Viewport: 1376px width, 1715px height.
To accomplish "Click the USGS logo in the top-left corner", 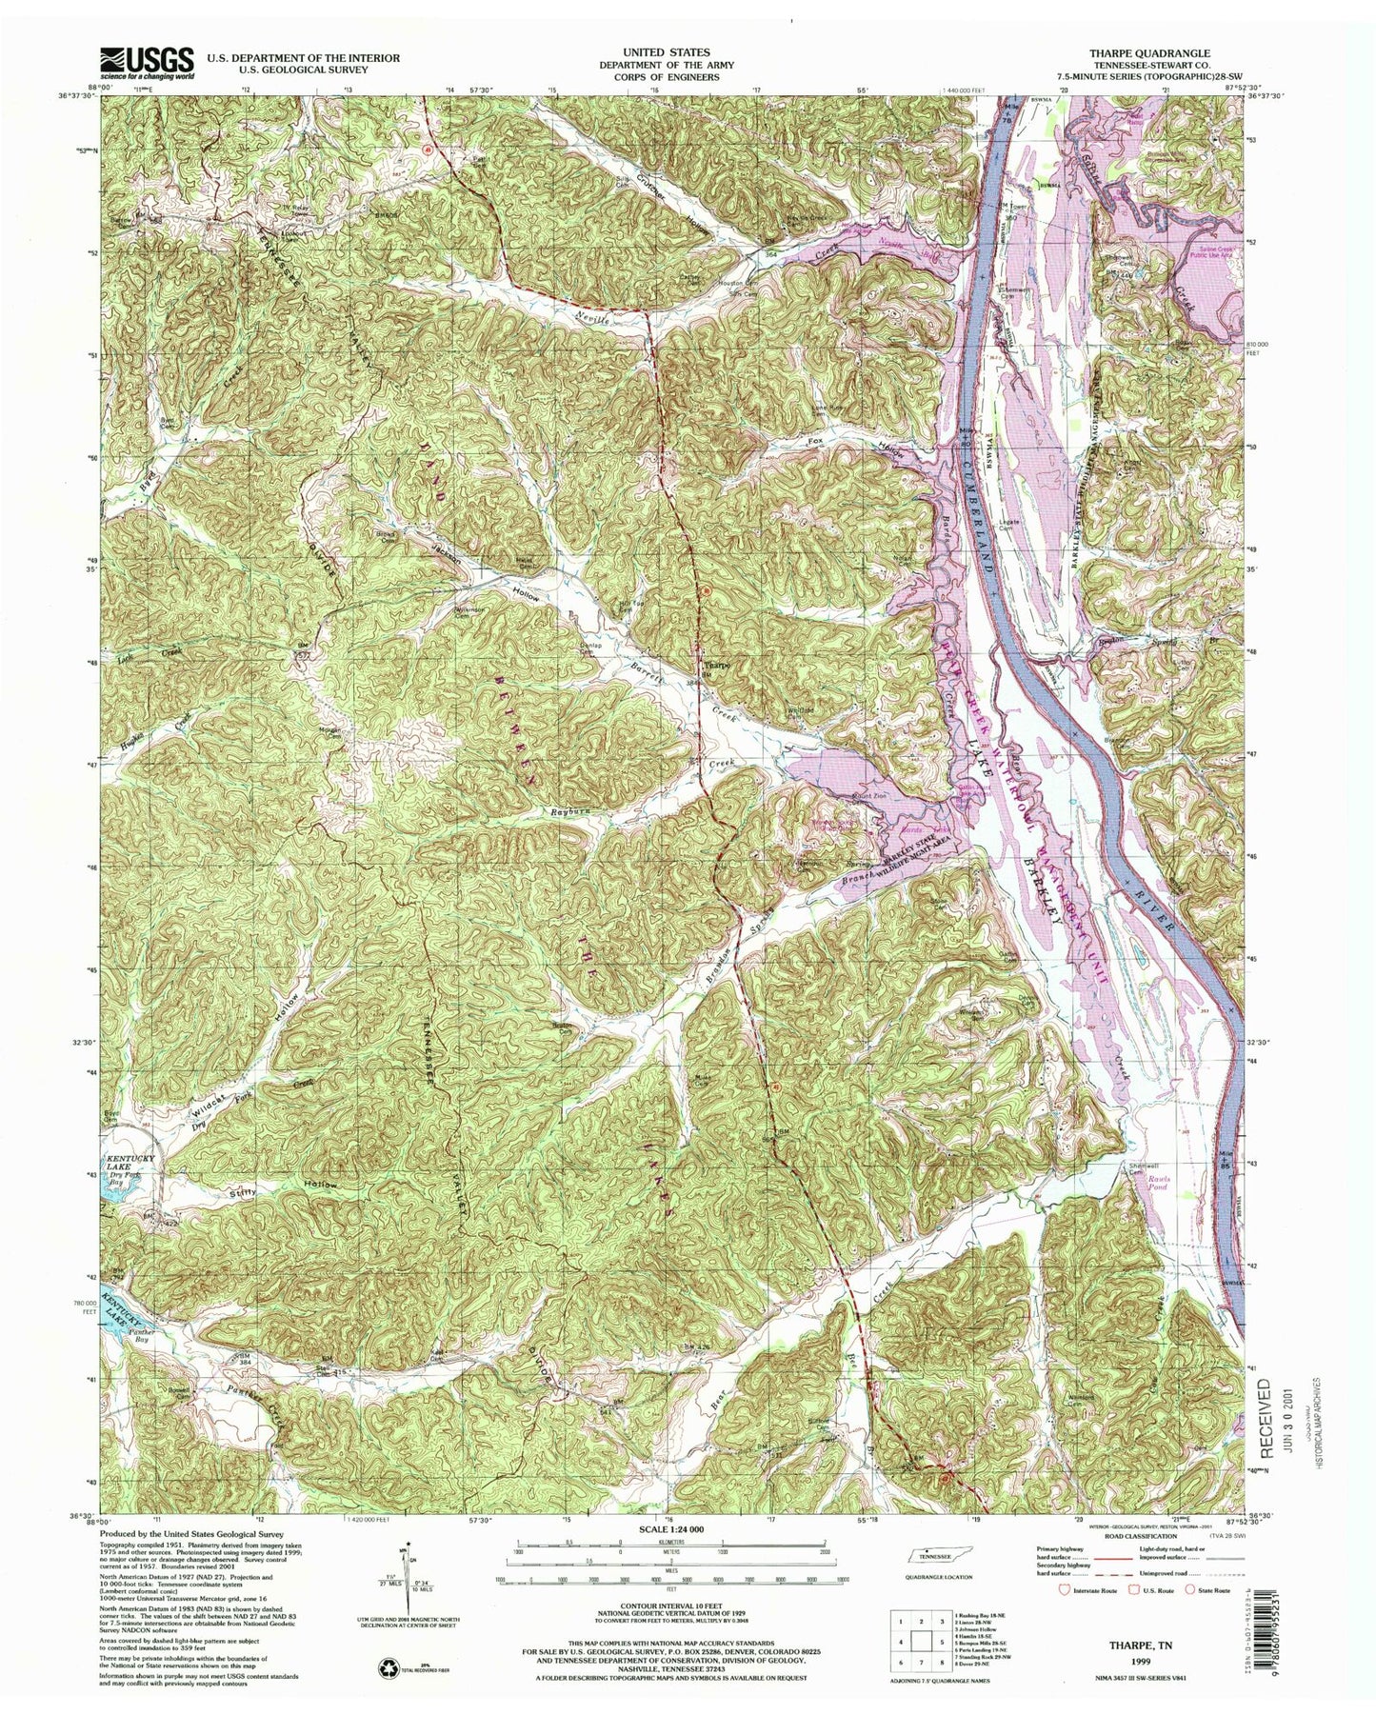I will point(148,64).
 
